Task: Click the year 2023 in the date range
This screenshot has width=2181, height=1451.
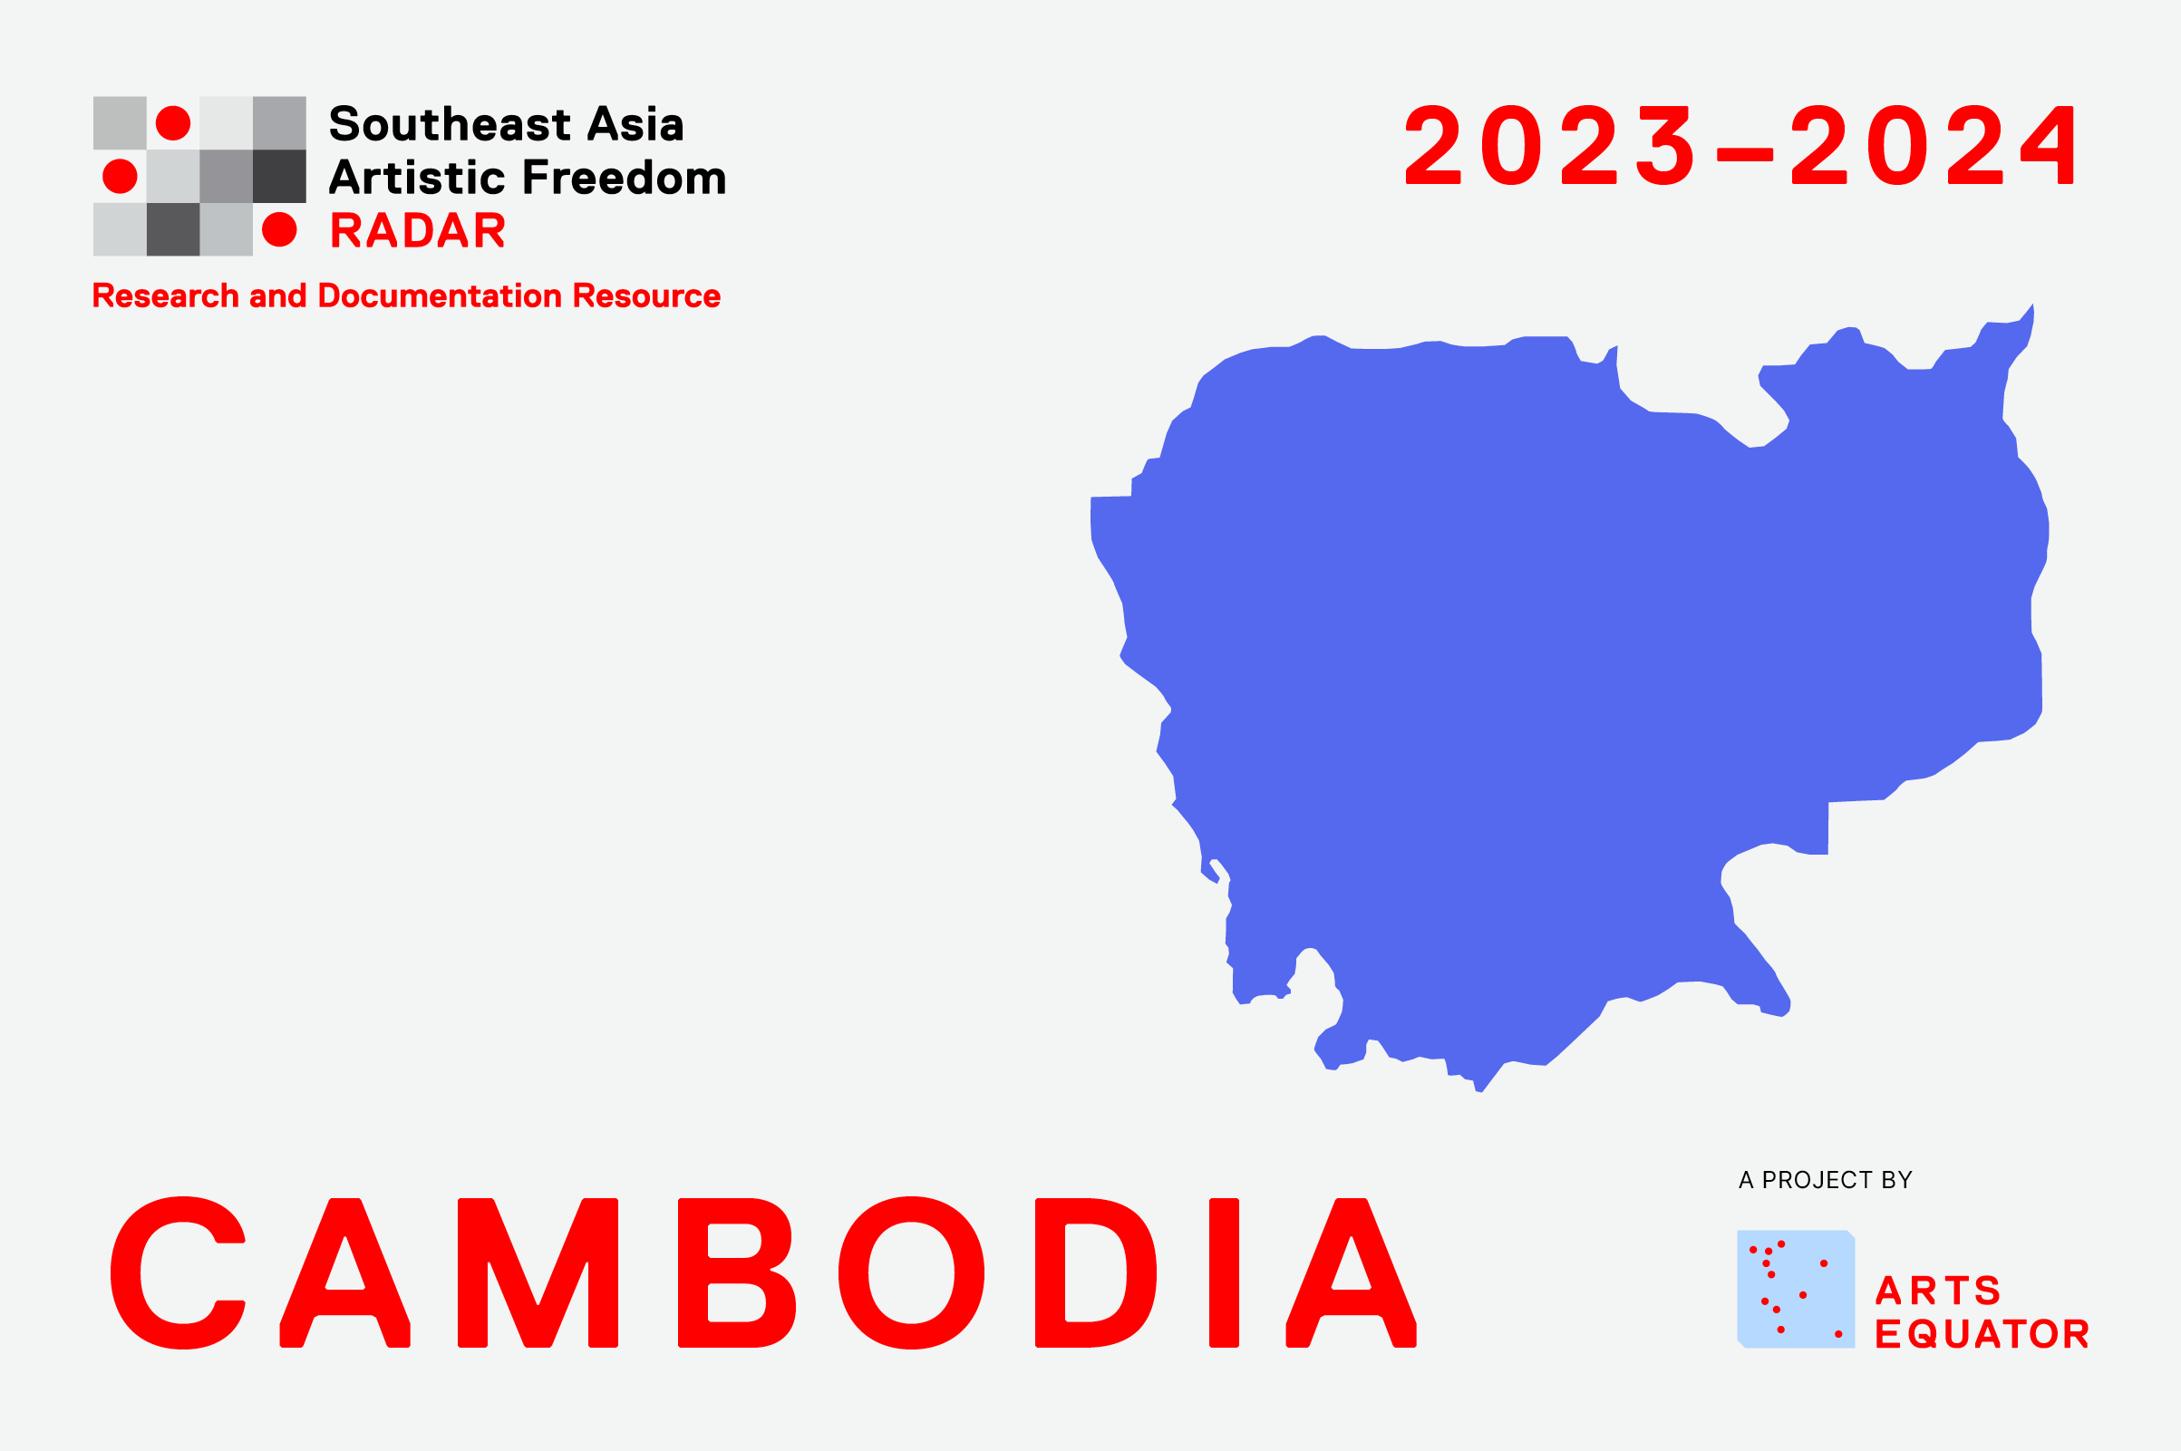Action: [x=1551, y=144]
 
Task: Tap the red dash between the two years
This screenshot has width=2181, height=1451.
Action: [x=1744, y=153]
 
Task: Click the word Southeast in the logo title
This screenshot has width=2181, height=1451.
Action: [x=450, y=124]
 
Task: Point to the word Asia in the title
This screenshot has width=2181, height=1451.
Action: [x=636, y=124]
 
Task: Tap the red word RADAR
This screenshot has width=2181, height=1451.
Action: [x=418, y=230]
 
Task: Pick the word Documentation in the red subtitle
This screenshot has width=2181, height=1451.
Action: [x=441, y=296]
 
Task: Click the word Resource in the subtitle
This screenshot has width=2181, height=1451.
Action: [x=647, y=296]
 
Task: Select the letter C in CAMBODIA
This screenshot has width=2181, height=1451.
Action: [x=178, y=1272]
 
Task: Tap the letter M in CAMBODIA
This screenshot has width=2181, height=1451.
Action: [x=538, y=1272]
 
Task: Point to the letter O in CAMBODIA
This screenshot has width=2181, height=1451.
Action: [x=911, y=1272]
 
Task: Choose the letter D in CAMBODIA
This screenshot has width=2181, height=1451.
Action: [x=1095, y=1272]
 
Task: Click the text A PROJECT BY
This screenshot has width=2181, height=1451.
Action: [x=1825, y=1180]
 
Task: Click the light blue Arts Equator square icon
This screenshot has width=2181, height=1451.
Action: [x=1796, y=1289]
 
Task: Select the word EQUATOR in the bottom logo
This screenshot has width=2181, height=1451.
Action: [x=1982, y=1333]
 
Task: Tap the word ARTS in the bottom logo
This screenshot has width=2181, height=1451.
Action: [x=1939, y=1290]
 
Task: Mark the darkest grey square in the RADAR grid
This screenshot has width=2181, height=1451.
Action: [x=279, y=176]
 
